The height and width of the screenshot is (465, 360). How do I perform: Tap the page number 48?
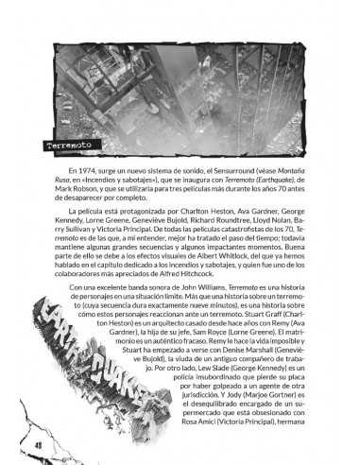pyautogui.click(x=39, y=443)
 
